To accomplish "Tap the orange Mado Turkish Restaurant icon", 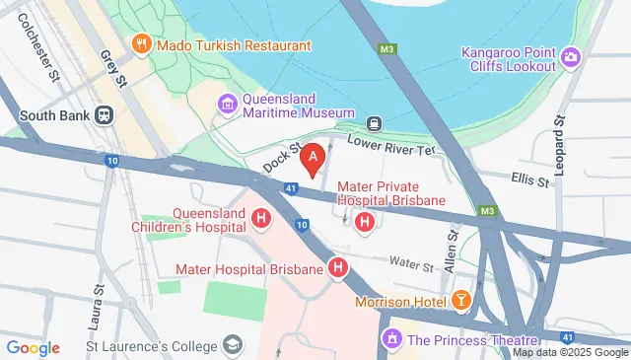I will (x=142, y=44).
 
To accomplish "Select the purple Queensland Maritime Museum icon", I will (x=228, y=103).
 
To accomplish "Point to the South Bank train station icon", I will (x=103, y=113).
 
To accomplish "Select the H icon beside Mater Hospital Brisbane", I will (x=338, y=268).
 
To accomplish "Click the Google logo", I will (x=33, y=347).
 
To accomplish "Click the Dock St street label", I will (x=281, y=163).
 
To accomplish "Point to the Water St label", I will (x=412, y=265).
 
